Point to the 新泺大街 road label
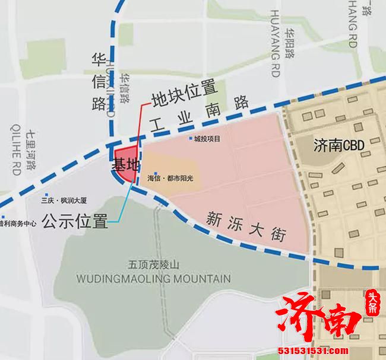tap(245, 227)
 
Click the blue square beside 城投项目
tap(190, 139)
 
